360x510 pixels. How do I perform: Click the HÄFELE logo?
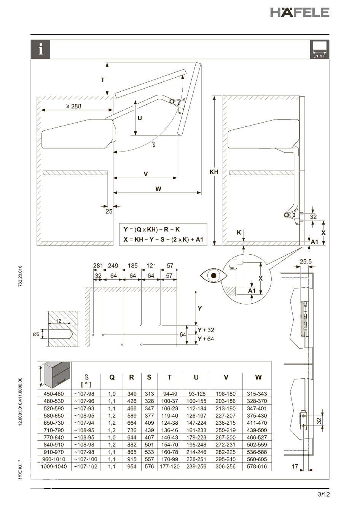(x=299, y=12)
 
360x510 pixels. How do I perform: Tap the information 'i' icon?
(x=41, y=49)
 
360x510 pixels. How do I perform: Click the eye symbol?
(x=213, y=276)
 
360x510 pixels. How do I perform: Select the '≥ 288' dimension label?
(x=73, y=106)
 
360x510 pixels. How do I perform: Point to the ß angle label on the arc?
(x=153, y=145)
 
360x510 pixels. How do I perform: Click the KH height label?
(x=214, y=172)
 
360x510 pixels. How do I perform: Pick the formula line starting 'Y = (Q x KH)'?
(x=152, y=229)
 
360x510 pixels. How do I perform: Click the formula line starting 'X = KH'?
(x=163, y=239)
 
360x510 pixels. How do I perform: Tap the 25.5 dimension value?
(x=306, y=261)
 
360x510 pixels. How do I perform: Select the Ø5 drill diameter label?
(x=36, y=335)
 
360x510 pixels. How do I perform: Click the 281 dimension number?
(x=98, y=266)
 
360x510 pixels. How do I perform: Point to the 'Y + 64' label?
(x=206, y=339)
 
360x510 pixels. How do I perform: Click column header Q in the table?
(x=112, y=378)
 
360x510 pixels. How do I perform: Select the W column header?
(x=258, y=377)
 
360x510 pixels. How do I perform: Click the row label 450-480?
(x=54, y=394)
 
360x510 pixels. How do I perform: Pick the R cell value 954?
(x=132, y=467)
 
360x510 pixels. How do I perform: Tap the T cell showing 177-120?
(x=170, y=467)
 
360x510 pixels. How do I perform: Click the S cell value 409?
(x=150, y=423)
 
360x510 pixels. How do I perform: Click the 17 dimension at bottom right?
(x=295, y=467)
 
